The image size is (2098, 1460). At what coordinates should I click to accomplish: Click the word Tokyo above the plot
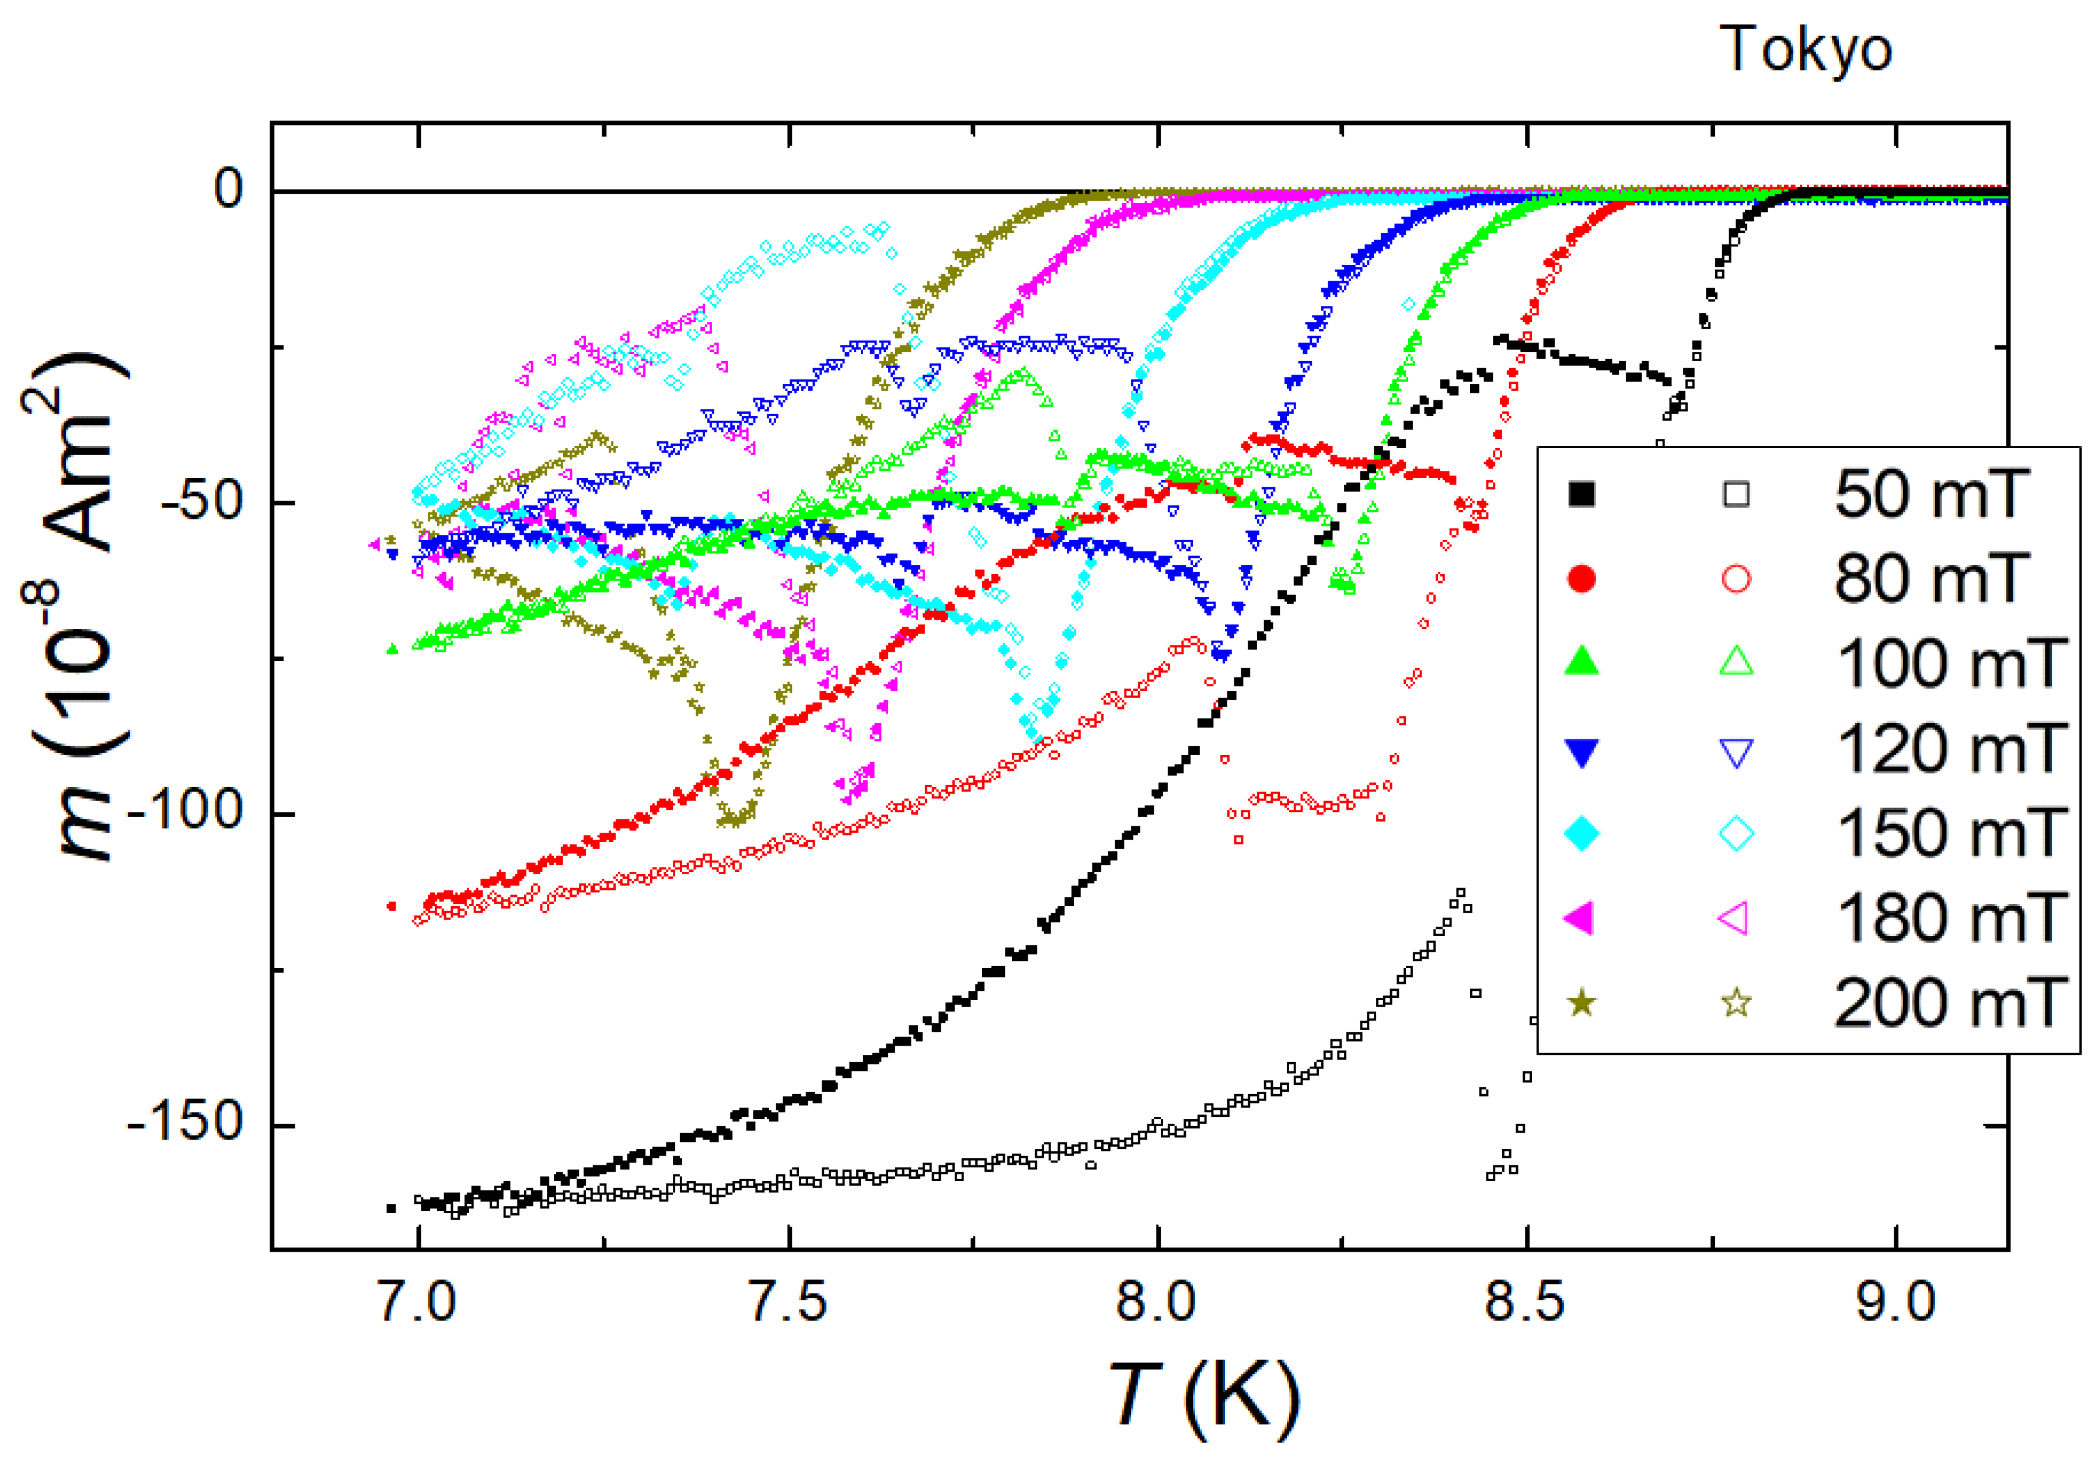[1804, 50]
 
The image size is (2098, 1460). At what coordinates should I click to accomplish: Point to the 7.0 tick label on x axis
[418, 1301]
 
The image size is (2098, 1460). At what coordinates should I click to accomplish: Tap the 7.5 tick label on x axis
[788, 1301]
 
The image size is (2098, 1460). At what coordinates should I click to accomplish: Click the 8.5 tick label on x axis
[1525, 1301]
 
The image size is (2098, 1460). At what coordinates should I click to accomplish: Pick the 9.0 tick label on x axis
[1895, 1301]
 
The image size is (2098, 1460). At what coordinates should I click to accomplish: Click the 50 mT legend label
[1931, 494]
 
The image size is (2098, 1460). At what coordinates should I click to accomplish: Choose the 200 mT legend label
[1949, 1003]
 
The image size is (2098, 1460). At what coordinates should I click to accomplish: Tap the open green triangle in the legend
[1736, 662]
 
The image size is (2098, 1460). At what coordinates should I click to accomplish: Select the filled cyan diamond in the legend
[1582, 833]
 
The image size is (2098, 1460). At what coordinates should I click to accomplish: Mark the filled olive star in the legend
[1582, 1003]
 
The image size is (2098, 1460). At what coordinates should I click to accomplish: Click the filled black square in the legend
[1582, 494]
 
